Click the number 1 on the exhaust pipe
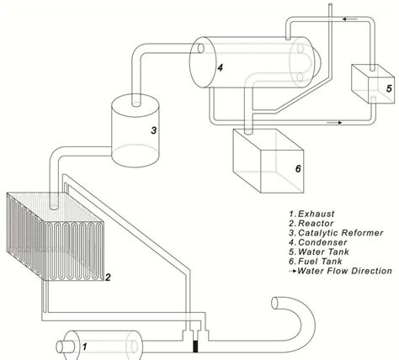click(x=83, y=345)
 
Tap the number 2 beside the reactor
click(x=108, y=275)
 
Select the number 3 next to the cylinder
click(x=153, y=130)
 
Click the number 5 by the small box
click(x=388, y=86)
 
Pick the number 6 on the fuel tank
click(x=297, y=167)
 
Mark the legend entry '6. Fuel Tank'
click(x=317, y=270)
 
